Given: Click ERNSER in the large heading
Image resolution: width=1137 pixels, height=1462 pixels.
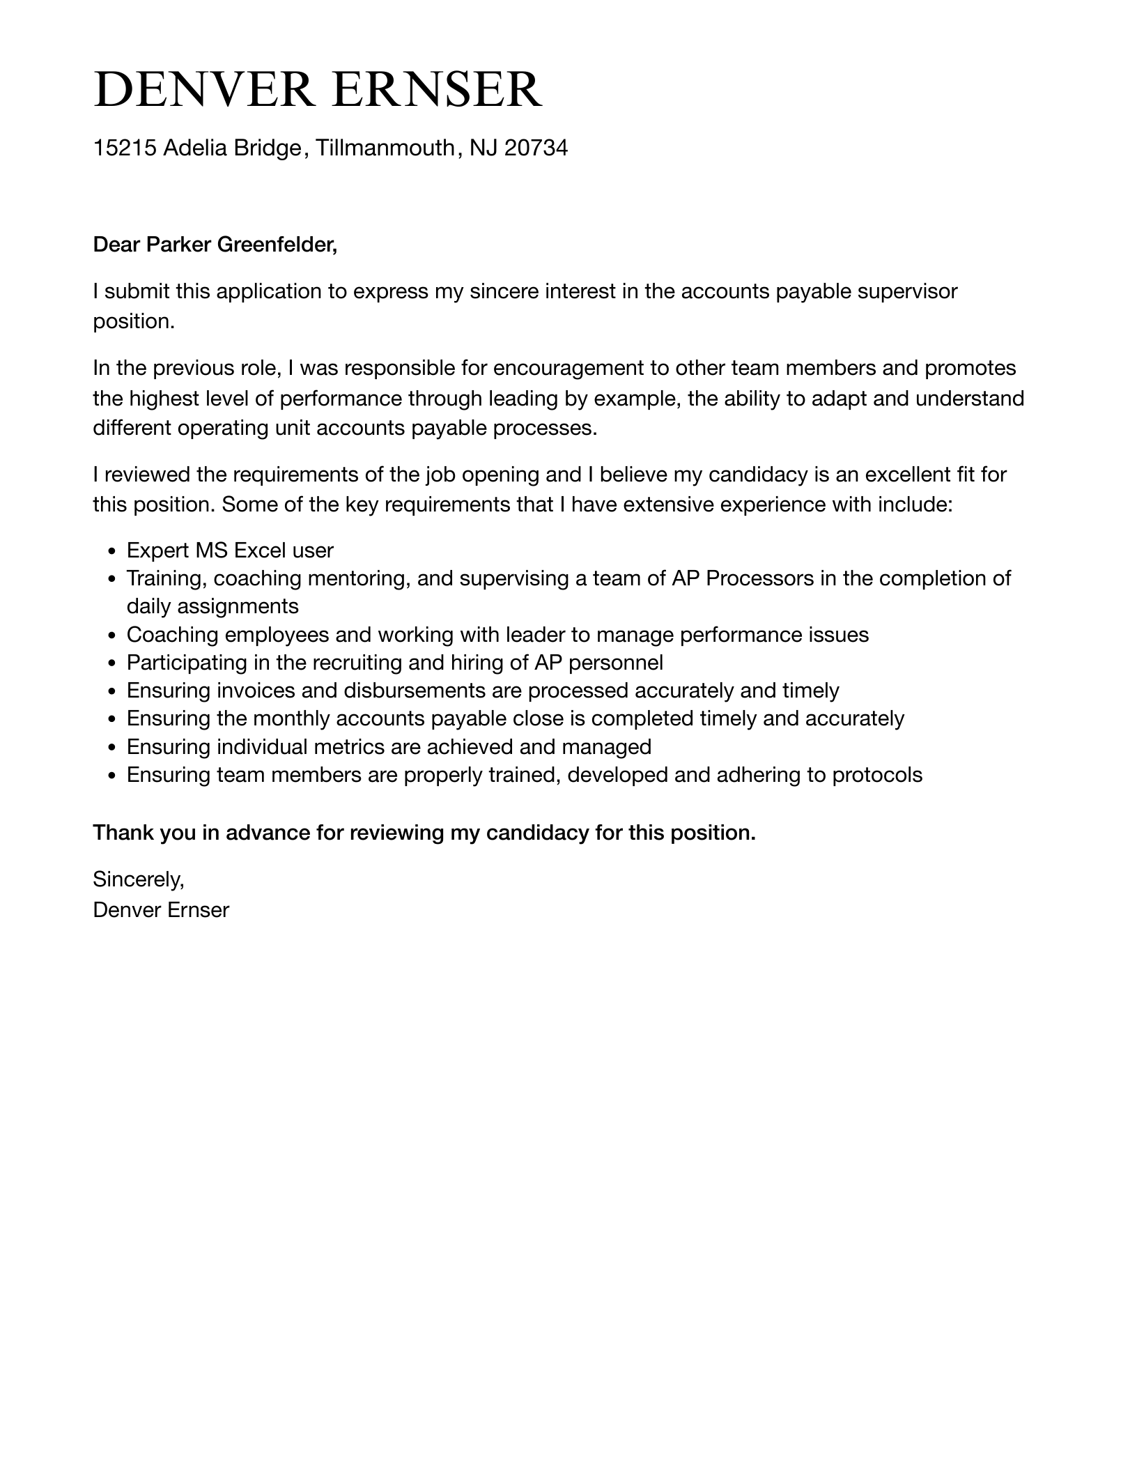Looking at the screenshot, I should click(x=436, y=89).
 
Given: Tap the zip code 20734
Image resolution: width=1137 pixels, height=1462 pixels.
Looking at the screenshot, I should click(x=536, y=148).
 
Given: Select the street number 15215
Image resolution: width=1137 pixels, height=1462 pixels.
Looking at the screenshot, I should click(x=125, y=148).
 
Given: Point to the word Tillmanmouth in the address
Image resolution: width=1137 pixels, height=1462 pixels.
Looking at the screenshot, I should click(x=385, y=148).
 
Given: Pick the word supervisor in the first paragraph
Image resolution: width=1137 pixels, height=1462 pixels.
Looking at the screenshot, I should click(x=907, y=291).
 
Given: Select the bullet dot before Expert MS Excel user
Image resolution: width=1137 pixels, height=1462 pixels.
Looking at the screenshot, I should click(x=111, y=552).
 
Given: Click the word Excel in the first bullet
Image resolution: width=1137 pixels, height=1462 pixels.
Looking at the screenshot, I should click(x=259, y=551).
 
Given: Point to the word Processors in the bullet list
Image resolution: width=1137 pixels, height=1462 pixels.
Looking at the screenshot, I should click(x=759, y=579).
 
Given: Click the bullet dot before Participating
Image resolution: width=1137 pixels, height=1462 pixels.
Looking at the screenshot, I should click(x=111, y=663).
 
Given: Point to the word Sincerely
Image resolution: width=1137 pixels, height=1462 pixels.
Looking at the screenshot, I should click(x=138, y=880).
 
